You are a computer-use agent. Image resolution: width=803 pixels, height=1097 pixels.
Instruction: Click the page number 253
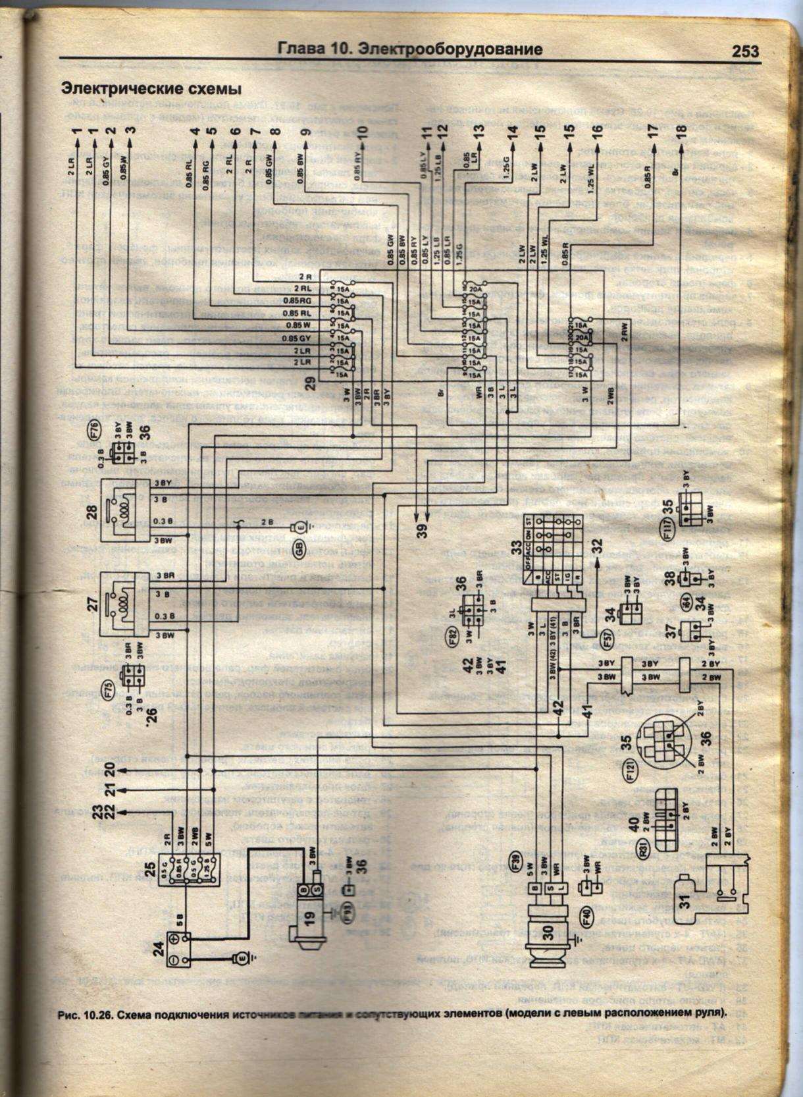(744, 51)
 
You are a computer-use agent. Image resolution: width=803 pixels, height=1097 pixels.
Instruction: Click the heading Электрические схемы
(151, 88)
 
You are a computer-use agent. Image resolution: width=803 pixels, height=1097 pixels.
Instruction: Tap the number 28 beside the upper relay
(92, 510)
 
